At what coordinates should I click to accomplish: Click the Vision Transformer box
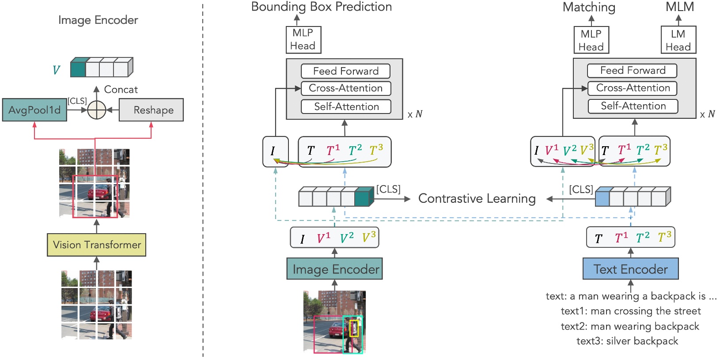96,245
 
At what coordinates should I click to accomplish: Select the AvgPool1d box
34,110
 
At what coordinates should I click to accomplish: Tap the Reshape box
151,110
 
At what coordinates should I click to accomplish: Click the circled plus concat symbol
96,110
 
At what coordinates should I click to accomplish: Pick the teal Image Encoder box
334,269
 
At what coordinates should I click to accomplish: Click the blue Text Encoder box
630,269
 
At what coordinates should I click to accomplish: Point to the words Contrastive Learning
477,198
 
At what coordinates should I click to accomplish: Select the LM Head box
678,40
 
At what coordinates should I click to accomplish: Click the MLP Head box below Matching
591,40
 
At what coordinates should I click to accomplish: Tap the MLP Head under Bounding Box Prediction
303,39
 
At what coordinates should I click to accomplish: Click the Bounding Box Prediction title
321,7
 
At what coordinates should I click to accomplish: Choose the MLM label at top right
679,7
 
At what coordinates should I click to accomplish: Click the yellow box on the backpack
354,329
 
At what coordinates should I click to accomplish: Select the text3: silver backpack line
627,341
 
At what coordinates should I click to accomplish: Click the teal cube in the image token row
363,197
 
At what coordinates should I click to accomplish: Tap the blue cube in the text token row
603,197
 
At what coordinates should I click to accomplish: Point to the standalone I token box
275,152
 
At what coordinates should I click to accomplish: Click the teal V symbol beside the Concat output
56,70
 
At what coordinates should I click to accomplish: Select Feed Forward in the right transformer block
632,71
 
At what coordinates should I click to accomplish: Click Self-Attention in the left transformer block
346,106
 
